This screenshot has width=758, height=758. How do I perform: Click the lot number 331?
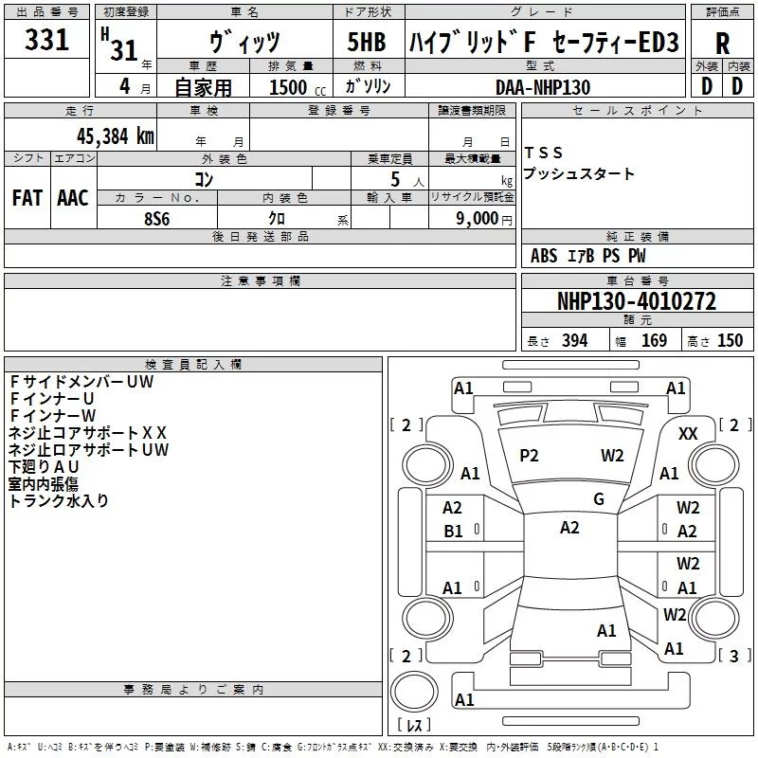tap(46, 40)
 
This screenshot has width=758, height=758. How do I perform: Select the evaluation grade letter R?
tap(722, 44)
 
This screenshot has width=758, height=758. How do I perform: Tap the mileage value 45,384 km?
tap(116, 136)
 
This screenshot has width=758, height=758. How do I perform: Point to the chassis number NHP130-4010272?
tap(637, 300)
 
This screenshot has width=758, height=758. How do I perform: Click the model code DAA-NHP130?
tap(543, 87)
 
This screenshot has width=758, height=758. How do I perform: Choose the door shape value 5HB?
tap(367, 42)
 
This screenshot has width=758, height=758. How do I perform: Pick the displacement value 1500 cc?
tap(298, 87)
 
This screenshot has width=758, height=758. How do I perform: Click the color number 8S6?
tap(157, 219)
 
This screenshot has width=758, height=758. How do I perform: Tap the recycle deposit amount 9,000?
tap(478, 219)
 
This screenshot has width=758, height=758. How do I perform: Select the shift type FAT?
tap(27, 198)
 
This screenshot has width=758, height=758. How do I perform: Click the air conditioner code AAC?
tap(73, 198)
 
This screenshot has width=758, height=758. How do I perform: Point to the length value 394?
tap(574, 340)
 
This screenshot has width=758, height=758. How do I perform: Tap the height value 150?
tap(730, 340)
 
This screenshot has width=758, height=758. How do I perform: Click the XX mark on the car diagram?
tap(688, 434)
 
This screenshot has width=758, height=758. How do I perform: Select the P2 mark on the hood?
tap(529, 456)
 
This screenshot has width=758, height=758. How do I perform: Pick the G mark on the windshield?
tap(599, 498)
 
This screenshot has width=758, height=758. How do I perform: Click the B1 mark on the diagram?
tap(453, 532)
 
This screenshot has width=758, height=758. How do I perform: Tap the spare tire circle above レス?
tap(414, 692)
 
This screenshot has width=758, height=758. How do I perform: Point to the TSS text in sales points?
tap(543, 153)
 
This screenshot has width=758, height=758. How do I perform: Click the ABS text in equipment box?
tap(543, 255)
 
